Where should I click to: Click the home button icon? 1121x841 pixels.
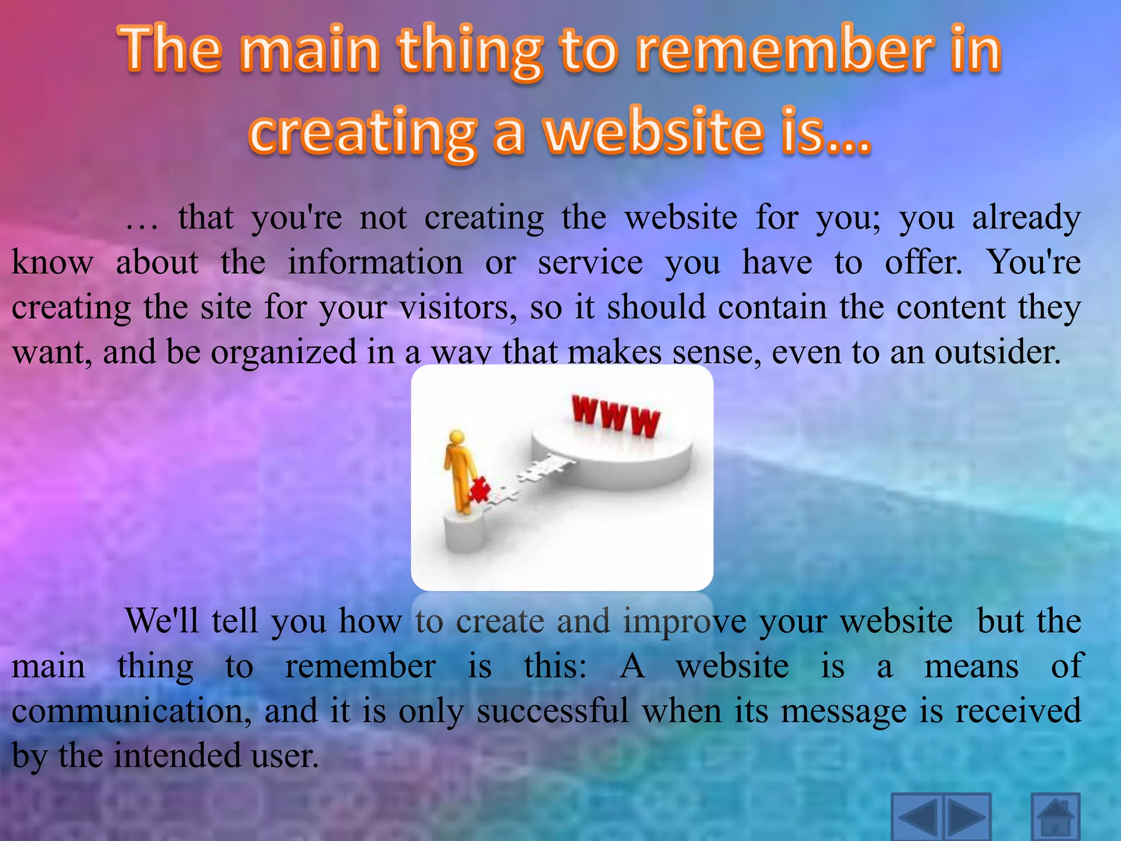click(1055, 817)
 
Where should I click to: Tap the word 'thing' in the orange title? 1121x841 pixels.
click(471, 52)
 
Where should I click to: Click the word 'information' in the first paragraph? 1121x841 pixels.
click(375, 263)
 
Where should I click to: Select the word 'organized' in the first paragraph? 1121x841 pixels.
click(284, 353)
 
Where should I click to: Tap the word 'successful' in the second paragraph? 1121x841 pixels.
click(552, 711)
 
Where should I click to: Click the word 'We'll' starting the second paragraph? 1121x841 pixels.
click(162, 621)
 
